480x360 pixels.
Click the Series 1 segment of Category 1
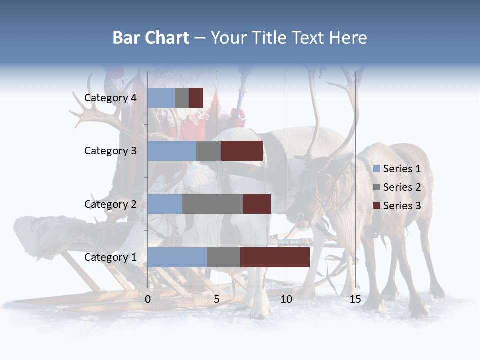click(x=177, y=257)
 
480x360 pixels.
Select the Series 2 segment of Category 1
click(x=224, y=257)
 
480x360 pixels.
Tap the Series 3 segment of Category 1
click(x=275, y=257)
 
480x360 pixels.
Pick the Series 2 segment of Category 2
click(x=213, y=204)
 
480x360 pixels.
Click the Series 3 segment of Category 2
click(x=257, y=204)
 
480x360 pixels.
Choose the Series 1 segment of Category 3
click(x=172, y=151)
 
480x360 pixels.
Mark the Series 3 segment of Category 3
click(x=242, y=151)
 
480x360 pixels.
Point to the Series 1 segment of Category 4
click(x=161, y=98)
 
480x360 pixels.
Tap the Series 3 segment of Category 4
click(x=196, y=98)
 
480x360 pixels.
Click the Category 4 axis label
click(x=110, y=98)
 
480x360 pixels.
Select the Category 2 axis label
click(x=110, y=204)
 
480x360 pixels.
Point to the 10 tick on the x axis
click(x=286, y=299)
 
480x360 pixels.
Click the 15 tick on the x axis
click(x=355, y=299)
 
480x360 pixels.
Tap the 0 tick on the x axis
click(x=148, y=299)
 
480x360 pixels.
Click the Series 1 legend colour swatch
click(x=377, y=169)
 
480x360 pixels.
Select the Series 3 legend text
click(x=402, y=206)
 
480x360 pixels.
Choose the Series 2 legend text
click(x=402, y=187)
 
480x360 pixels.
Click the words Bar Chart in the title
click(x=151, y=38)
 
